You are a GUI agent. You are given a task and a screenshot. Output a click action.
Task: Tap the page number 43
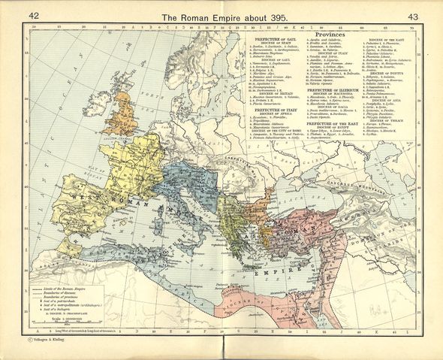click(411, 17)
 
